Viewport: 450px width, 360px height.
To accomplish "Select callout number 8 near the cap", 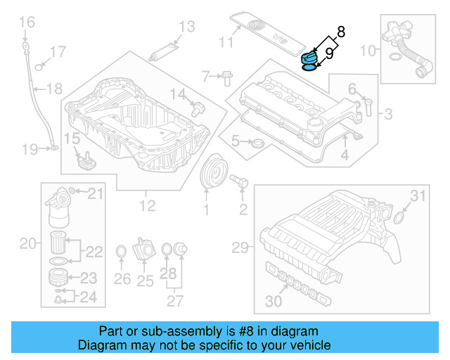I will tap(341, 32).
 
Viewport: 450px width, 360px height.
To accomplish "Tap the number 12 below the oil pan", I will tap(147, 205).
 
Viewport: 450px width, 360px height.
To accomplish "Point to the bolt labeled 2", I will tap(238, 183).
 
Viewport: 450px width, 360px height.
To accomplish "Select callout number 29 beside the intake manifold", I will tap(241, 247).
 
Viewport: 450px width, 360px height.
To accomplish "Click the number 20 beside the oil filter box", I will tap(27, 244).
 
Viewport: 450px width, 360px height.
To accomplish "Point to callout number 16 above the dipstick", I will tap(26, 24).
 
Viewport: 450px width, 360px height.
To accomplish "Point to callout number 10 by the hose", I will tap(368, 51).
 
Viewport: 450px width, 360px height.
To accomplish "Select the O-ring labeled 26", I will tap(120, 251).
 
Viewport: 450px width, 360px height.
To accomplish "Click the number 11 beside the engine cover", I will tap(225, 42).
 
